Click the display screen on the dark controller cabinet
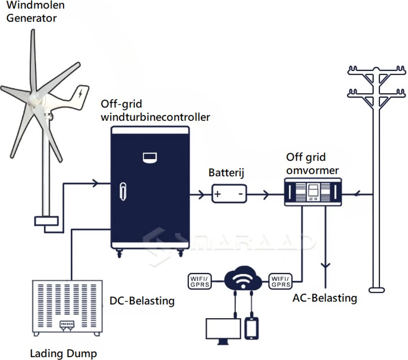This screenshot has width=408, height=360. (x=150, y=157)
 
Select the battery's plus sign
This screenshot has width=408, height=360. (x=218, y=194)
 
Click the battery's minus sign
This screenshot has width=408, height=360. (x=240, y=194)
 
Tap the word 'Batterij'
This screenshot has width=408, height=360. (x=226, y=173)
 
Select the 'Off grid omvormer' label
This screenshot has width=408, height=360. (x=312, y=164)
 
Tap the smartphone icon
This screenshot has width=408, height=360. (x=252, y=328)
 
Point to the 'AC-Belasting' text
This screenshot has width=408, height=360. (x=325, y=298)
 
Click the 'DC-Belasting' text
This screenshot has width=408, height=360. (x=142, y=301)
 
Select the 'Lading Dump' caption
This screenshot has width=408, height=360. (x=64, y=353)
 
